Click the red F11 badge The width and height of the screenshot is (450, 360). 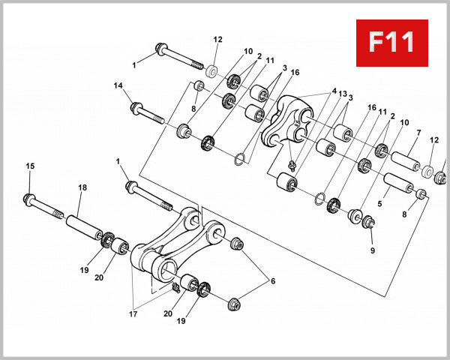[392, 41]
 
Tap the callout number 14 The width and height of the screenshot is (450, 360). [117, 86]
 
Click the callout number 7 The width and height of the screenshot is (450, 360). [418, 133]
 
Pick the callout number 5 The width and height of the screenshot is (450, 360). [379, 202]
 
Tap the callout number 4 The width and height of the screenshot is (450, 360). [324, 92]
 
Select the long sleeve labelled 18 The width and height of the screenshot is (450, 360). [82, 226]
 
